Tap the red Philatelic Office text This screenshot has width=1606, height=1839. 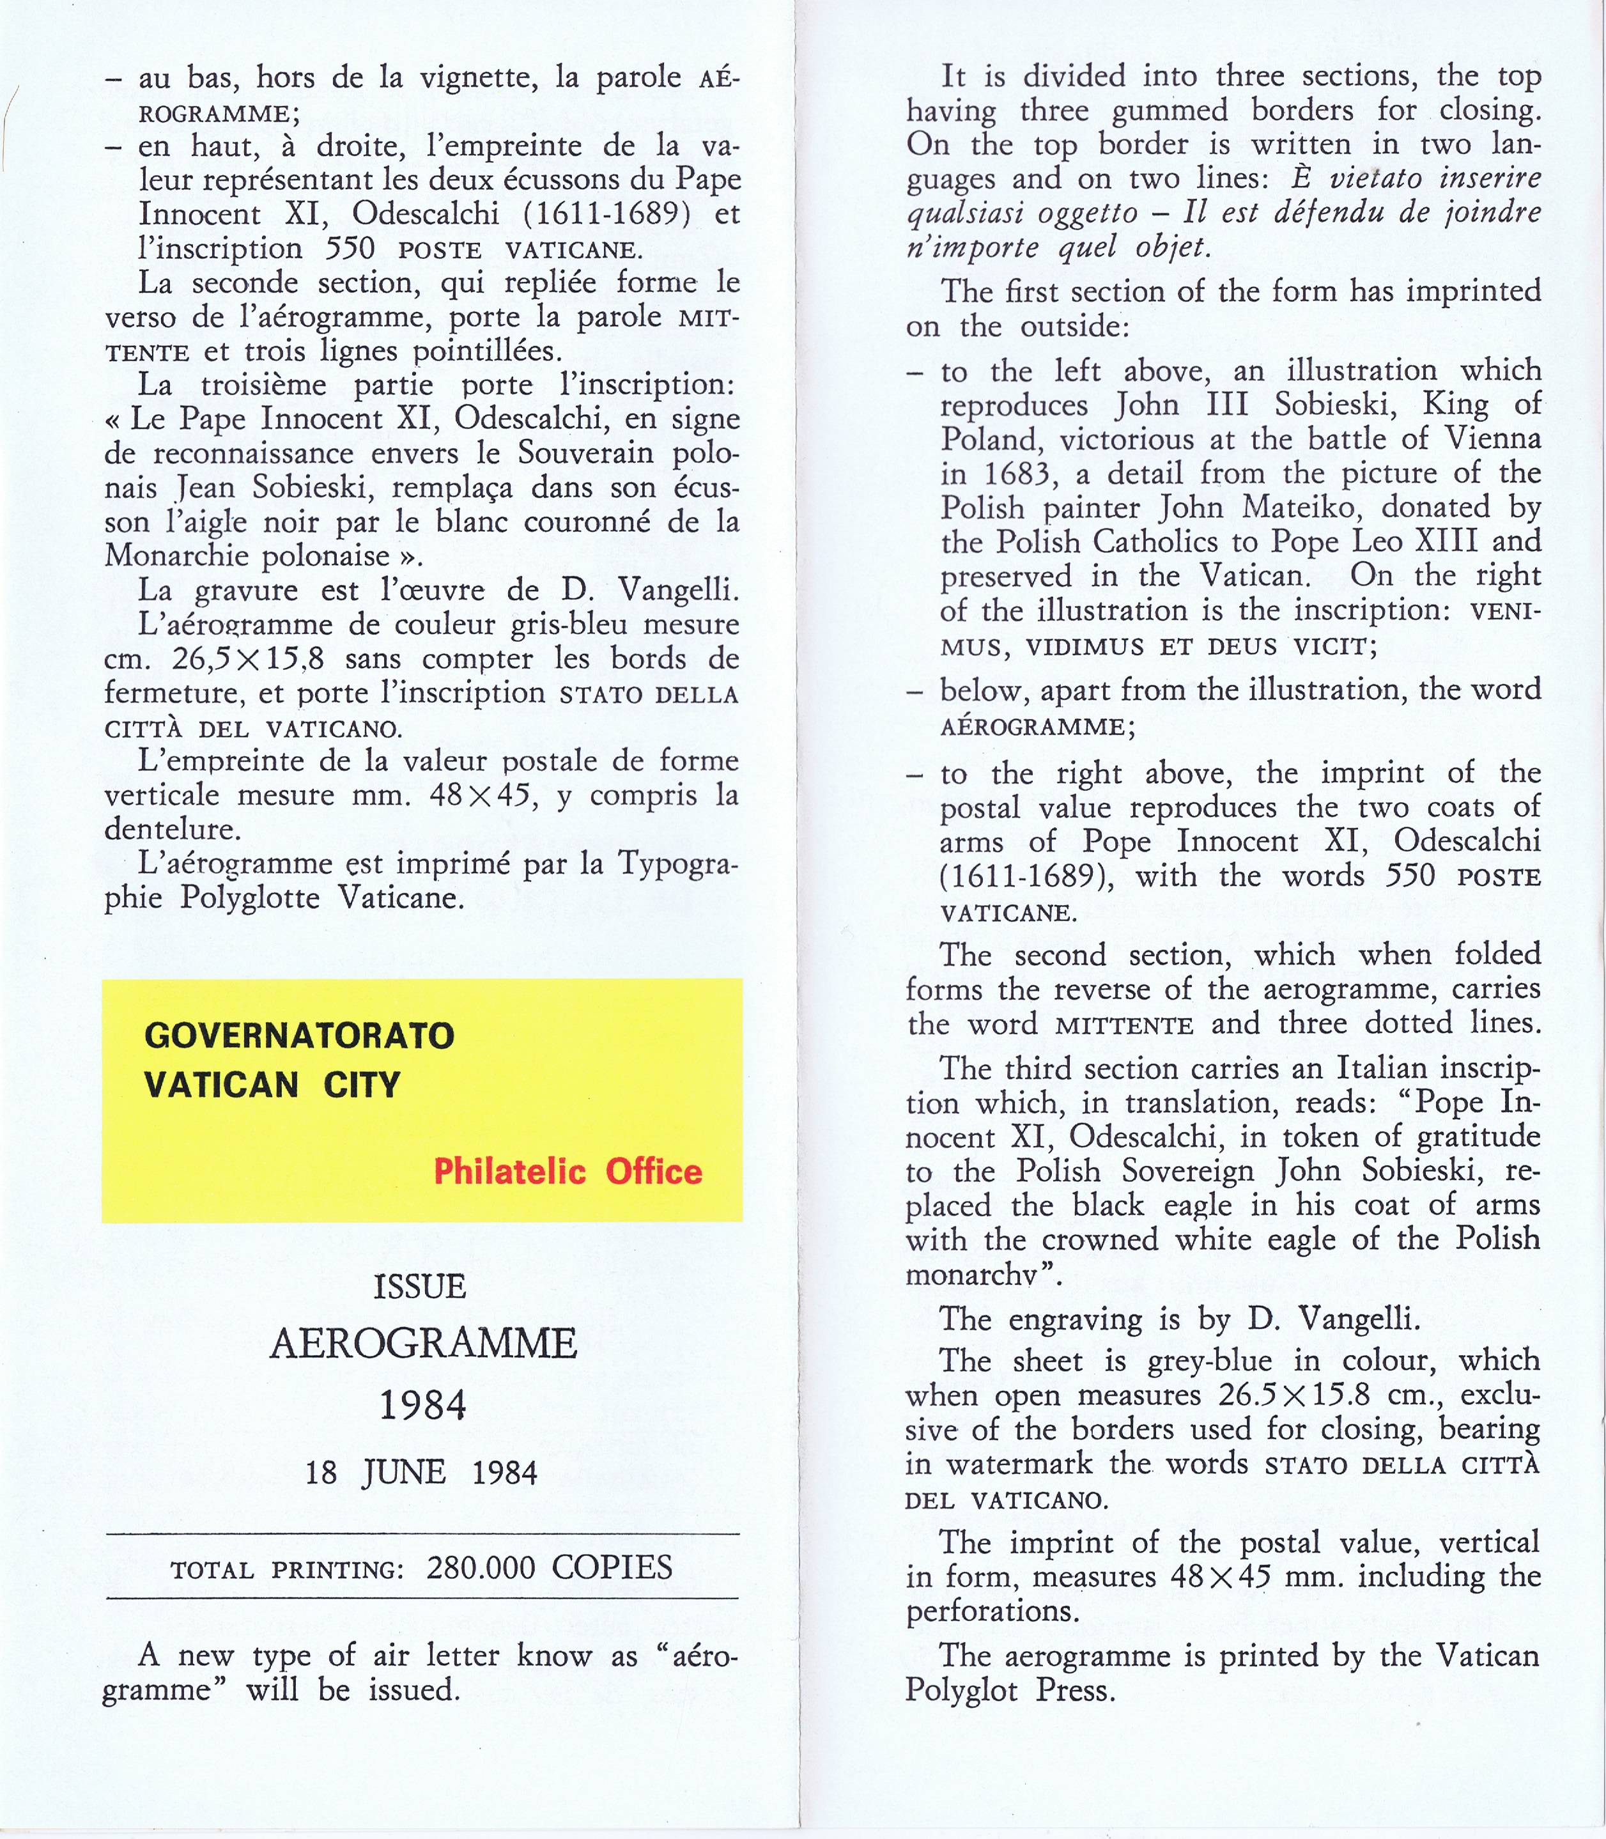click(x=568, y=1171)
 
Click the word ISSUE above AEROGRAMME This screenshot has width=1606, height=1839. click(x=421, y=1287)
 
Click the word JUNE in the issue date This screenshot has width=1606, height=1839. click(x=404, y=1473)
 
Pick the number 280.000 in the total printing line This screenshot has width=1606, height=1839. click(x=481, y=1567)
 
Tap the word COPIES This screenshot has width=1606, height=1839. click(x=612, y=1567)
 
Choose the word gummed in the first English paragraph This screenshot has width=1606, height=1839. click(x=1170, y=111)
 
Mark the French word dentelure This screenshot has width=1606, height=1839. click(x=172, y=829)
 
